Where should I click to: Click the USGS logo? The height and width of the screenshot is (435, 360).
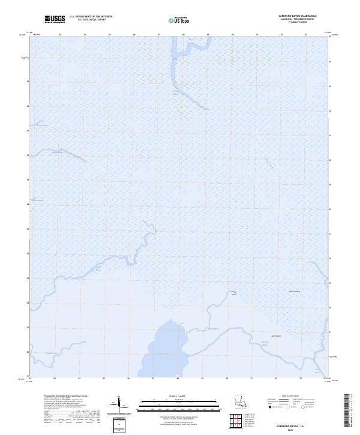click(x=56, y=19)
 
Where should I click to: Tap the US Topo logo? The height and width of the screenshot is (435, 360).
click(x=178, y=20)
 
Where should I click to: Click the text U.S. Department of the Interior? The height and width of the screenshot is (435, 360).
click(x=91, y=17)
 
